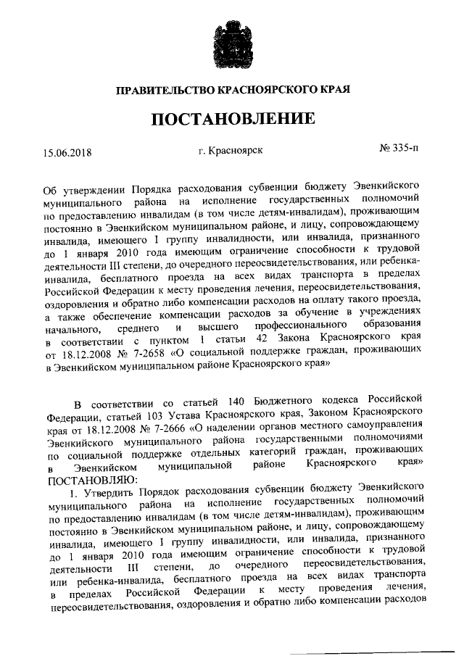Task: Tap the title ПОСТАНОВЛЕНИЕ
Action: coord(232,120)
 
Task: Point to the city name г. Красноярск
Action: coord(230,151)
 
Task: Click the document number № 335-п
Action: coord(399,150)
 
